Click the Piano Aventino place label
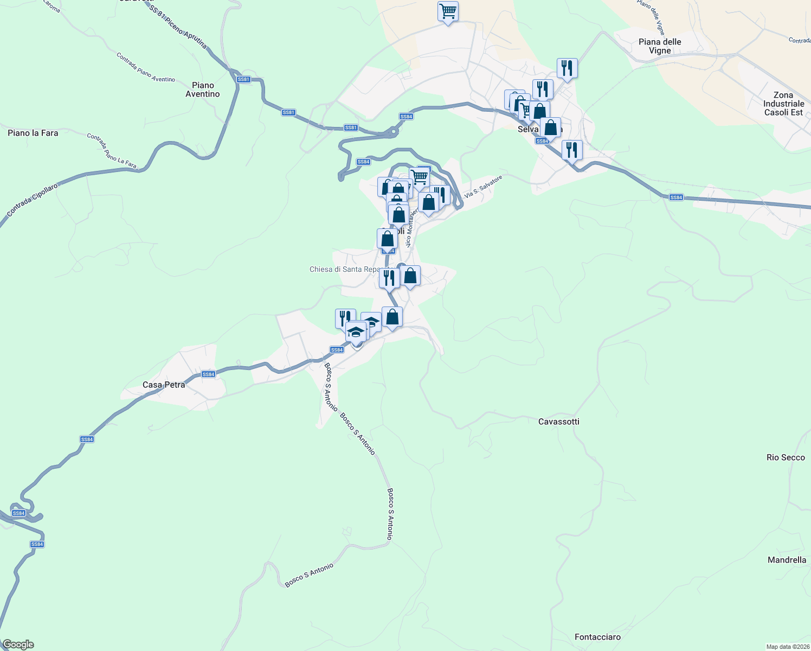point(203,90)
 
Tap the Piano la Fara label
point(33,133)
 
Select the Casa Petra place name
point(164,385)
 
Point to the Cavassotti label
point(559,422)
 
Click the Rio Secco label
point(786,457)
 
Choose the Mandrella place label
point(787,560)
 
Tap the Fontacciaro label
point(597,637)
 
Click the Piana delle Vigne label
point(660,46)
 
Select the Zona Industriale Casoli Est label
point(783,104)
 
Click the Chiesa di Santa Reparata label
point(345,269)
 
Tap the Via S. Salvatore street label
point(483,186)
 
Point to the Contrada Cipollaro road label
point(32,199)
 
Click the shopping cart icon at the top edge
point(448,11)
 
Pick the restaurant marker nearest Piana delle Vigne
point(567,68)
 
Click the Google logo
point(18,644)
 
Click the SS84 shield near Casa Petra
point(208,374)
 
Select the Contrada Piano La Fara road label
point(112,151)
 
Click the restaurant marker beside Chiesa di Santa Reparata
point(389,278)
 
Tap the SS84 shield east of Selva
point(676,197)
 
